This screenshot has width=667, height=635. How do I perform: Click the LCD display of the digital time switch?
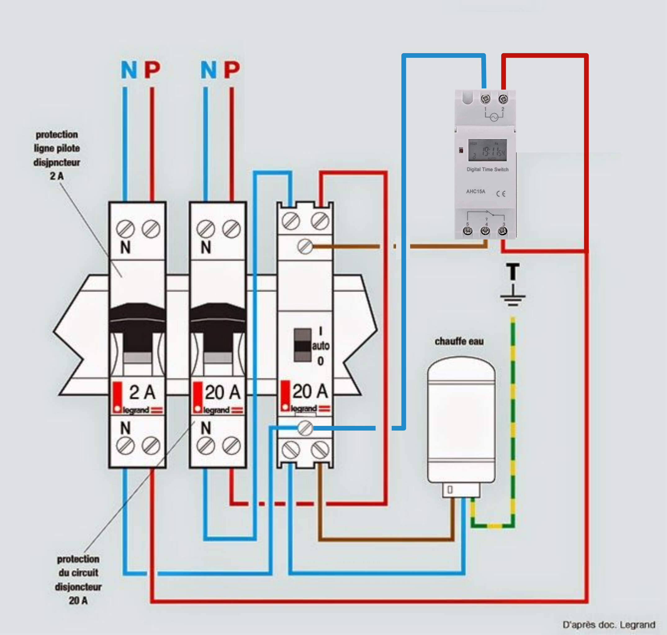pos(487,150)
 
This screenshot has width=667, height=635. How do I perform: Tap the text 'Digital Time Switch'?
pos(487,170)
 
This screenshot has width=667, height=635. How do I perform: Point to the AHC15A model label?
pos(475,192)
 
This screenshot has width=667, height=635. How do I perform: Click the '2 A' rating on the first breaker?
pos(142,392)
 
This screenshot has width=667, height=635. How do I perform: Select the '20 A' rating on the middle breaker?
pos(223,392)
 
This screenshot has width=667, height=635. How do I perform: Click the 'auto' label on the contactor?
pos(320,346)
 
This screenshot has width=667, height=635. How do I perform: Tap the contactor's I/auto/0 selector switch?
pos(302,345)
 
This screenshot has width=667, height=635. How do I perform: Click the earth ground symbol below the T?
pos(513,297)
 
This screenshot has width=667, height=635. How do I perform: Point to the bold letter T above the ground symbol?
pos(513,271)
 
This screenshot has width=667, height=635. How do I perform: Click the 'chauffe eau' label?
pos(459,342)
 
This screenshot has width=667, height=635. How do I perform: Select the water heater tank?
pos(461,420)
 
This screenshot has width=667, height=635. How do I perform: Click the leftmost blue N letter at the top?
pos(129,70)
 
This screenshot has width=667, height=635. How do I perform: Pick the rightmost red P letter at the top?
pos(232,70)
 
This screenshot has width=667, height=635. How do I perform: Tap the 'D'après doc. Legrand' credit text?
pos(609,624)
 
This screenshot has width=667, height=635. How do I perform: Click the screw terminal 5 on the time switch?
pos(467,231)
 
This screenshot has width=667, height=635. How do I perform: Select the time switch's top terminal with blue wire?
pos(485,99)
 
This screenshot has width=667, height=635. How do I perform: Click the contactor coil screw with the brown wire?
pos(305,246)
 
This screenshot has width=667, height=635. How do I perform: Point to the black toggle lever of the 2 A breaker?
pos(137,325)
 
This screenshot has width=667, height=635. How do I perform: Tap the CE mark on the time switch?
pos(501,194)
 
